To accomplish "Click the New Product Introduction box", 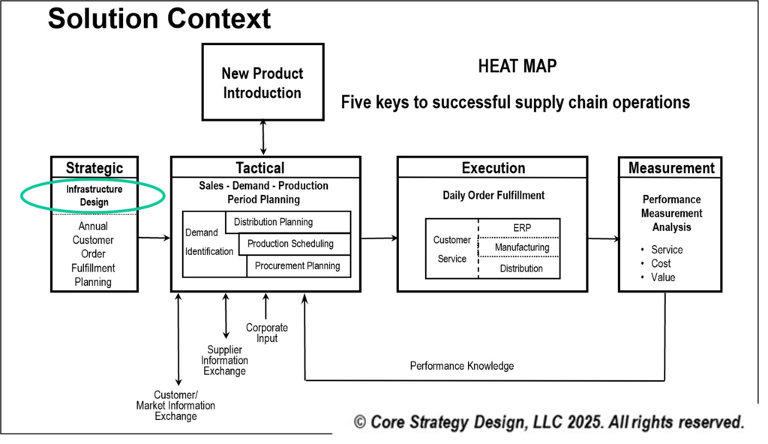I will click(262, 83).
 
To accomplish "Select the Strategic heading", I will click(94, 167).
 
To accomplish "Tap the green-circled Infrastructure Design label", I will click(94, 196).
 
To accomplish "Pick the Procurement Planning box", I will click(297, 265).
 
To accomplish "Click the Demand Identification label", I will click(209, 242).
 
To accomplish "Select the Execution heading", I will click(493, 168).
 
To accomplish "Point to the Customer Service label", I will click(451, 249).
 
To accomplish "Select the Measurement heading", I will click(671, 168).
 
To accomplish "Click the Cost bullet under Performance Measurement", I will click(661, 263).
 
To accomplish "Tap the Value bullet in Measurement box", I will click(663, 277).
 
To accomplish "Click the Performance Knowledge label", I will click(462, 366).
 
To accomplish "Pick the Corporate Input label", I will click(266, 333).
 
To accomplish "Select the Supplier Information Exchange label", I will click(224, 360).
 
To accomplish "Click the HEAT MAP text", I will click(517, 67).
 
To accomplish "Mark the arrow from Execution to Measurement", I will click(603, 239).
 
